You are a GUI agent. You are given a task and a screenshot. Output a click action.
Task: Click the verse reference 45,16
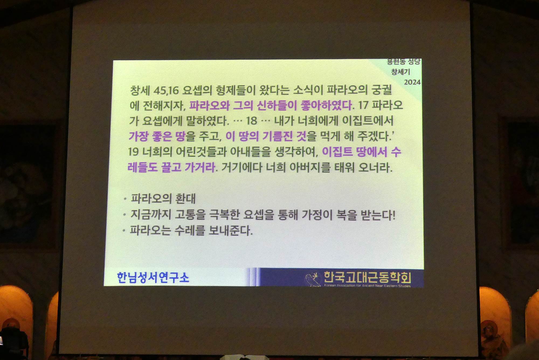point(166,90)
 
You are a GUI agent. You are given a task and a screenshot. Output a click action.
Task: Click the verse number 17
point(363,105)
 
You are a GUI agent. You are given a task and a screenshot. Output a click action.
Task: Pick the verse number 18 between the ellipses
point(251,121)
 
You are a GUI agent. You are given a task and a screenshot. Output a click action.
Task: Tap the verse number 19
point(133,152)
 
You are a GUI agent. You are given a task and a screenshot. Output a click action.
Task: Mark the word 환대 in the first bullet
point(185,199)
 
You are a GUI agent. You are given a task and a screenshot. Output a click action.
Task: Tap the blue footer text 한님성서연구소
point(153,277)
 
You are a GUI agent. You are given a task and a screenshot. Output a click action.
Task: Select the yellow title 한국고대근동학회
point(367,277)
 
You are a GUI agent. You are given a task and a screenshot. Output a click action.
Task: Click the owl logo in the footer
point(313,279)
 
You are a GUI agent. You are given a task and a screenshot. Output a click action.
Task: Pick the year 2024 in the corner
point(412,82)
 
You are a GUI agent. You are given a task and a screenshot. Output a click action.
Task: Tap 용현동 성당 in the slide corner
point(403,62)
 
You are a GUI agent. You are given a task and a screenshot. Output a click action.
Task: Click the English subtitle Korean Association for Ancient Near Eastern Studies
point(367,286)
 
